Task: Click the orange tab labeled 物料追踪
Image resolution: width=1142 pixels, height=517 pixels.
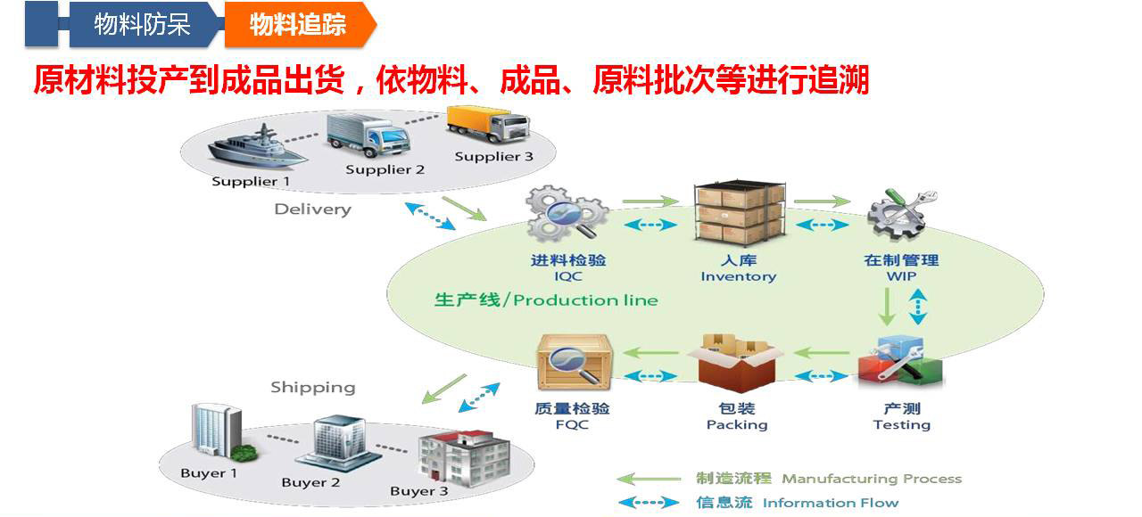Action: pos(300,24)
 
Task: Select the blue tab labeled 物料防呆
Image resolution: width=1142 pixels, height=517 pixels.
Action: pos(143,24)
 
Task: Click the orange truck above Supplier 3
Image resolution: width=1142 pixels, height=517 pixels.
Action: pos(488,124)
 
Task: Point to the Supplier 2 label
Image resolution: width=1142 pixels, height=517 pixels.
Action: pos(385,169)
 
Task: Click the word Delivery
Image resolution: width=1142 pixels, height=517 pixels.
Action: pos(312,209)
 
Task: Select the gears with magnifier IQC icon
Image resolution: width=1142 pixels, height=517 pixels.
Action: pos(567,213)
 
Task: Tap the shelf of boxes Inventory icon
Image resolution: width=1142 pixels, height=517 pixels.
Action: pos(739,213)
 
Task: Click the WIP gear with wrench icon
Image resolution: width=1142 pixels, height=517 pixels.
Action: pos(901,215)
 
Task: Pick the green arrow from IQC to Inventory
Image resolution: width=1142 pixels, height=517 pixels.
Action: pos(650,201)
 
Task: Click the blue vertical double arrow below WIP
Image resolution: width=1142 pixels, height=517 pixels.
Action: pos(918,307)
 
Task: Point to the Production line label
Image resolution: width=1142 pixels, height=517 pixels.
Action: pos(546,300)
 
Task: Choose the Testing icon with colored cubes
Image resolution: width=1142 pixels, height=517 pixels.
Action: pos(900,362)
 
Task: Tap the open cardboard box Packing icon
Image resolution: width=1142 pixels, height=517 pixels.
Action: pos(736,364)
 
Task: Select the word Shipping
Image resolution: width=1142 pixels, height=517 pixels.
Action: pos(312,388)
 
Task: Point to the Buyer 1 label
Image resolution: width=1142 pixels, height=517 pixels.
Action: pos(209,473)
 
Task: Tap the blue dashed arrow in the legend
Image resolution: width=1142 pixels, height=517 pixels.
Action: pos(649,503)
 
